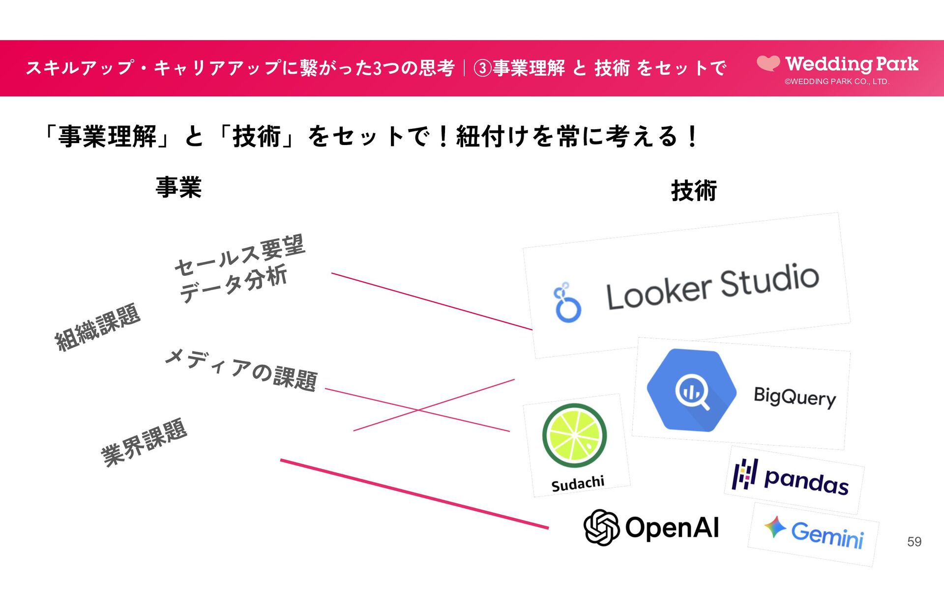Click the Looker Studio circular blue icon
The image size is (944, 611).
point(567,304)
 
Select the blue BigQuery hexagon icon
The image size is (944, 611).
point(691,390)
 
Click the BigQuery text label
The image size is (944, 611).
point(795,397)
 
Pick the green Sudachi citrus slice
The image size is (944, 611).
point(574,436)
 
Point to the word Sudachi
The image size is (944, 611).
point(578,484)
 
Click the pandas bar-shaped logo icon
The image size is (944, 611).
point(744,474)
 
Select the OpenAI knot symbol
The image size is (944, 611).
point(601,527)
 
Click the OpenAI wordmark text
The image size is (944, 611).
point(672,528)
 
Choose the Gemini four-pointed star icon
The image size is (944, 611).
point(775,527)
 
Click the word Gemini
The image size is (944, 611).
point(827,534)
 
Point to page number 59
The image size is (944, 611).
point(914,542)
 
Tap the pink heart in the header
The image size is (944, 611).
point(768,63)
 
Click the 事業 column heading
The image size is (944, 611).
point(178,187)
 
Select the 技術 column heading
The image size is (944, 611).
point(694,190)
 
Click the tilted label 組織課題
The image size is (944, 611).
point(97,327)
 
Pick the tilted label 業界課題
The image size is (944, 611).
point(144,442)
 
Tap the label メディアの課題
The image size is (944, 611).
point(241,370)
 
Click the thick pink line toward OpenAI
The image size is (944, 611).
point(414,494)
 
